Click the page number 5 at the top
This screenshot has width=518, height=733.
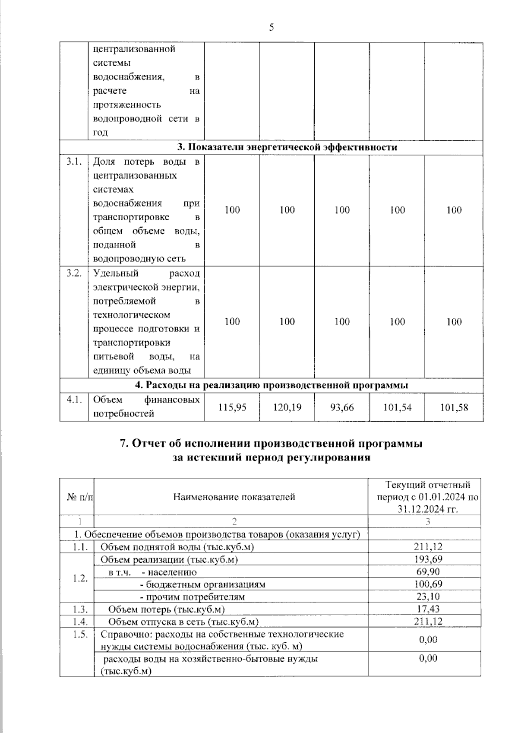tap(271, 28)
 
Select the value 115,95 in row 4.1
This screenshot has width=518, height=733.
tap(232, 407)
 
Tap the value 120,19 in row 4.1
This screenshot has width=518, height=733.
tap(287, 407)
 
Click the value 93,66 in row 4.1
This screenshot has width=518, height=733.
tap(342, 407)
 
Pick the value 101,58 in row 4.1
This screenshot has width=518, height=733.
tap(454, 407)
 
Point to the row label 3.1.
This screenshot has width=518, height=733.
tap(74, 162)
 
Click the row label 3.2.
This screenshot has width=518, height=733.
tap(74, 273)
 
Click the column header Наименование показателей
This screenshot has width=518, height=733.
tap(234, 497)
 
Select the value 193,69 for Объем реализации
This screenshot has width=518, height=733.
tap(428, 559)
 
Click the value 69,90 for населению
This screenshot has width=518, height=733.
tap(428, 572)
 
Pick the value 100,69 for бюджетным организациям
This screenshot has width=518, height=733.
tap(428, 584)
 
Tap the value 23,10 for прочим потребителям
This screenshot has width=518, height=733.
tap(428, 597)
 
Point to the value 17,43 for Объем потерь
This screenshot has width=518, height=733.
tap(428, 609)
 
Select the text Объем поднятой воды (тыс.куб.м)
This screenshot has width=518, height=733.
tap(177, 547)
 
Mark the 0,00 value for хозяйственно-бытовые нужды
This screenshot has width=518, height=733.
tap(428, 658)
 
